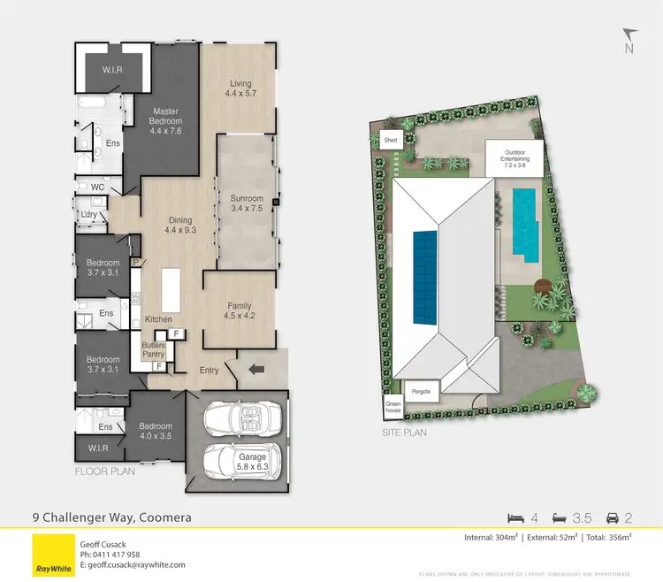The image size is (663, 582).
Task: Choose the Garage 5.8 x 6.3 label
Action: coord(252,462)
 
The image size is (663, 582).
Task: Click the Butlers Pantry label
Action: coord(153,350)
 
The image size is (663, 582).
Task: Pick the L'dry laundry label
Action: coord(88,215)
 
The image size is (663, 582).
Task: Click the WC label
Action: coord(97,188)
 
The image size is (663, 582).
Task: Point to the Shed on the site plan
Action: coord(389,141)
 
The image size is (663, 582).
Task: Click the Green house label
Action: coord(392,408)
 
